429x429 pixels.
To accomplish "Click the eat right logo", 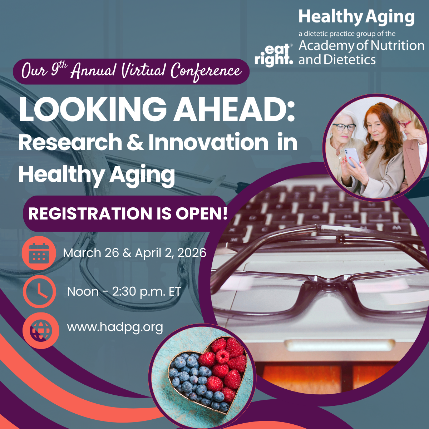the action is tap(273, 55).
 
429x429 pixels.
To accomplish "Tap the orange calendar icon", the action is tap(39, 253).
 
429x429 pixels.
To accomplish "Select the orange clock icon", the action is tap(39, 291).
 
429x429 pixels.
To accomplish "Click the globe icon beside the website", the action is tap(41, 330).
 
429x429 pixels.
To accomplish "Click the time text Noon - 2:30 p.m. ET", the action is tap(124, 291).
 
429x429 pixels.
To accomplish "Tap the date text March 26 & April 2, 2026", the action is tap(134, 253).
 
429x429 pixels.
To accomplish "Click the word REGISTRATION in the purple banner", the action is tap(90, 214).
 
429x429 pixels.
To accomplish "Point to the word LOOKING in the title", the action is tap(93, 110).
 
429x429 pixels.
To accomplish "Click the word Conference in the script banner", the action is tap(206, 71).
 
